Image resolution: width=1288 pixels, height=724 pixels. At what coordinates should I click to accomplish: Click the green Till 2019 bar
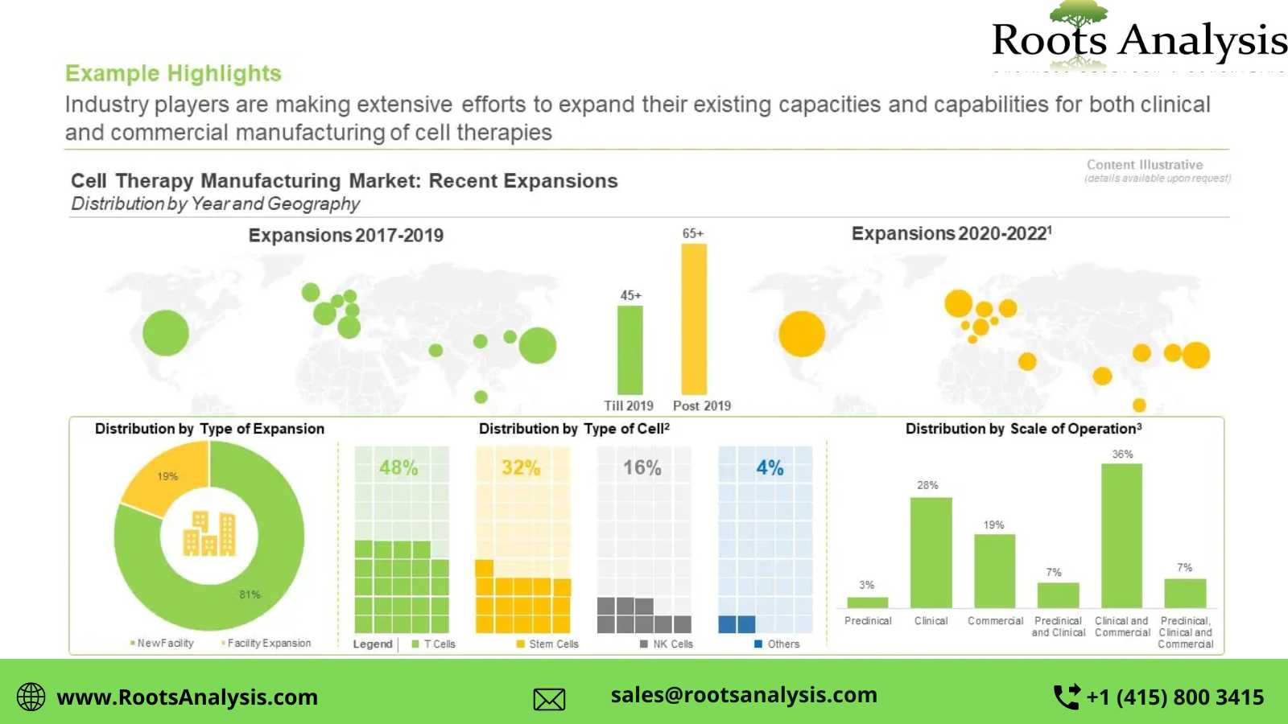click(x=630, y=350)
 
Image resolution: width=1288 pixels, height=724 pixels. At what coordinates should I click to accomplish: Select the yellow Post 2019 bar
click(x=694, y=319)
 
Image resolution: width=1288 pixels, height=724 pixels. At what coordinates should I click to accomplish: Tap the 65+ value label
click(x=693, y=233)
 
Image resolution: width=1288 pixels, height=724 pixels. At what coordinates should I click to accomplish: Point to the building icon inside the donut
click(x=209, y=533)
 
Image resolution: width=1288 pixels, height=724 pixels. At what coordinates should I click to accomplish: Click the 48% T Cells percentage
click(x=398, y=467)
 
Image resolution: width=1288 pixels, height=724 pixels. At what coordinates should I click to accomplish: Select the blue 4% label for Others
click(x=770, y=467)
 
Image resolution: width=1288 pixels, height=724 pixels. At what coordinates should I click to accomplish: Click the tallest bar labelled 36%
click(x=1121, y=535)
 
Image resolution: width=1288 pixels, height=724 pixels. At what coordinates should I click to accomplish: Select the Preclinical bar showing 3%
click(x=867, y=602)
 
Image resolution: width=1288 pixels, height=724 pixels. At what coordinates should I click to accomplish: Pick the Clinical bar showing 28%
click(x=931, y=553)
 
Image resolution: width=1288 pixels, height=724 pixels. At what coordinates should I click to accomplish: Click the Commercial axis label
click(x=995, y=621)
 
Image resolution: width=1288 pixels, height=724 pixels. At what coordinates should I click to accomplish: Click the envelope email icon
click(x=549, y=699)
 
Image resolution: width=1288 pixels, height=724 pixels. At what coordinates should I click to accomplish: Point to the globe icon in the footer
click(x=31, y=697)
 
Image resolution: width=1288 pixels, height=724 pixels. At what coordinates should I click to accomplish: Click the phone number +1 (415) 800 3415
click(x=1174, y=697)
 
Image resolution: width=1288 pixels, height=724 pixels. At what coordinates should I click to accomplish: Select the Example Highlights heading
click(x=173, y=73)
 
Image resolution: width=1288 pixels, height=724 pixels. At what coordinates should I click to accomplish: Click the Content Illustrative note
click(x=1145, y=165)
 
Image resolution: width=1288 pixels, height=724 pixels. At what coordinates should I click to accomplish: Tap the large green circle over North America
click(x=166, y=332)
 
